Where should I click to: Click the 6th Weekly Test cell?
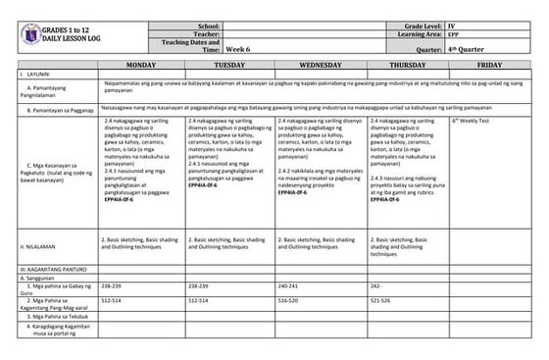[x=473, y=120]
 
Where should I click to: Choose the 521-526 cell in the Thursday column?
[x=380, y=301]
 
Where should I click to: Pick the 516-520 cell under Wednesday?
[x=290, y=301]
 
